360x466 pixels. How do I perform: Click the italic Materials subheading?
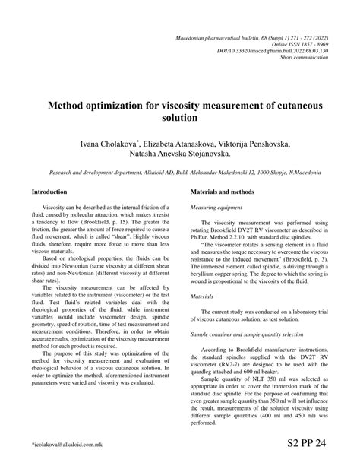pyautogui.click(x=201, y=296)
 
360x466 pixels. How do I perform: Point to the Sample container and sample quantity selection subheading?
pyautogui.click(x=251, y=334)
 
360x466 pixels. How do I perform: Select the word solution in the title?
pyautogui.click(x=179, y=119)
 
